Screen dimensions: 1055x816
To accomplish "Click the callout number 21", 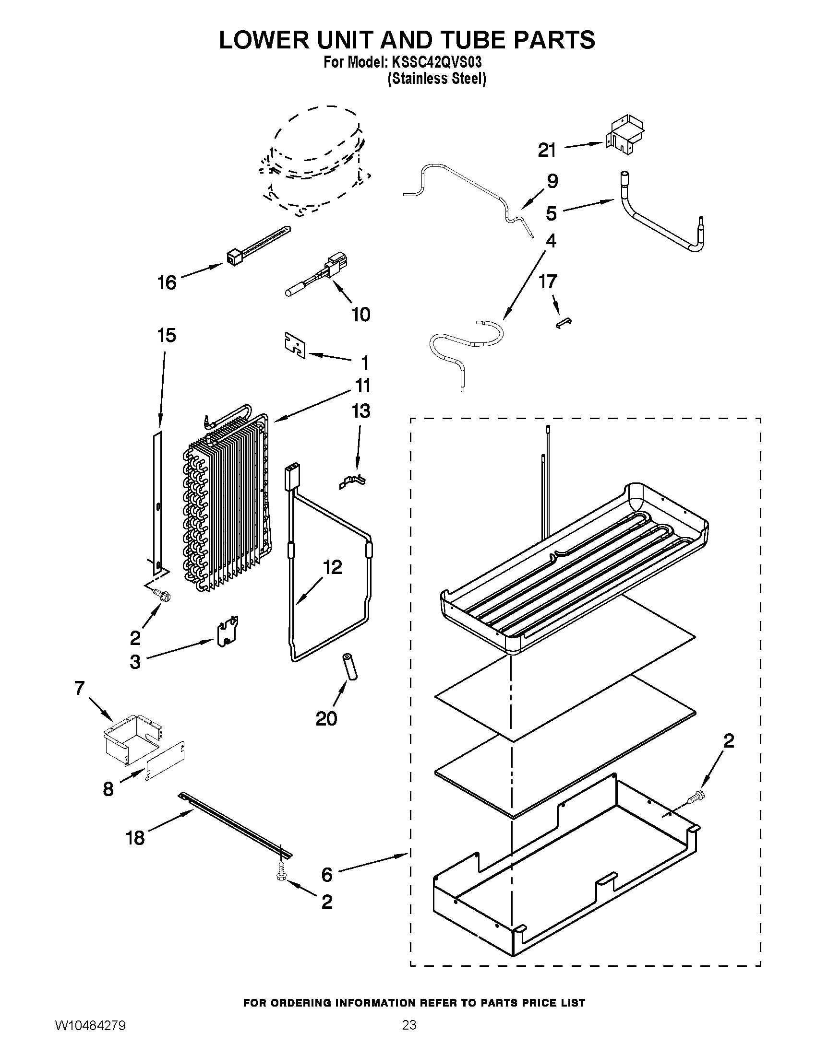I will coord(547,150).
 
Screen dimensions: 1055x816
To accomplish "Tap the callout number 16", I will coord(167,282).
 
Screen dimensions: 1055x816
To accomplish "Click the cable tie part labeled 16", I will coord(256,246).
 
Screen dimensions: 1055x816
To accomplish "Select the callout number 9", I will coord(552,182).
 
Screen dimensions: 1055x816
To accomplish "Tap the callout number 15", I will coord(167,335).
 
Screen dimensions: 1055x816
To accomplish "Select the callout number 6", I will coord(327,874).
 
